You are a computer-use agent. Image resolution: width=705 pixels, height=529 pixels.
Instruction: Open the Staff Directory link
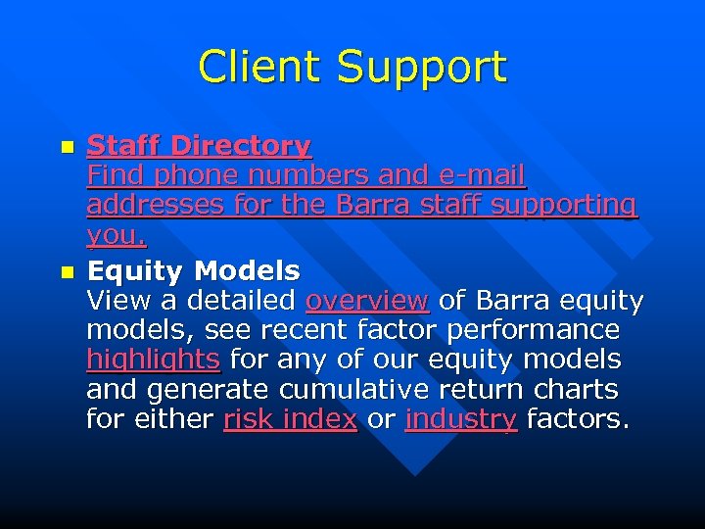(199, 146)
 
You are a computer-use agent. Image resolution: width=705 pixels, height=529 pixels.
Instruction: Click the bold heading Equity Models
(193, 269)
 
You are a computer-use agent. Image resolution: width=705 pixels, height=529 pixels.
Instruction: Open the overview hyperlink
(366, 300)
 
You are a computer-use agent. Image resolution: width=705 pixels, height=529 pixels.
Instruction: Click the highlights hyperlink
(153, 361)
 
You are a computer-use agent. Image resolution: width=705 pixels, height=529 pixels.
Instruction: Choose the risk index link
(290, 419)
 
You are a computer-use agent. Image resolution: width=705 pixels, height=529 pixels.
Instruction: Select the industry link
(460, 419)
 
